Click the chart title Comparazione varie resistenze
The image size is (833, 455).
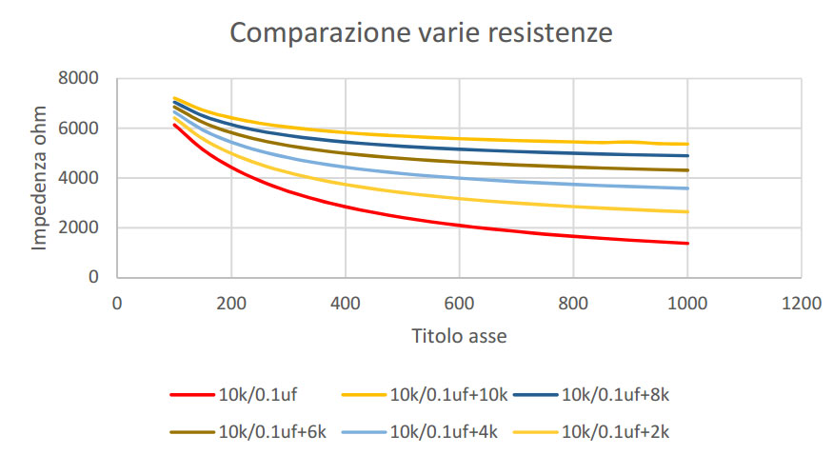421,33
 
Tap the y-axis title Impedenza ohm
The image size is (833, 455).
39,178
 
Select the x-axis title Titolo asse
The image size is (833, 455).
459,336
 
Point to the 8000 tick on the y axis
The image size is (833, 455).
78,78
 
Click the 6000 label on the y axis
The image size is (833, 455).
78,128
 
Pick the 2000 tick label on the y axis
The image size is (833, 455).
78,227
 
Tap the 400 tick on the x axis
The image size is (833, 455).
346,303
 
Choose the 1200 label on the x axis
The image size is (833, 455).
802,303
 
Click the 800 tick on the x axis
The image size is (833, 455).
573,303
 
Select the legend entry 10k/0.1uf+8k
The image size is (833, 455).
615,395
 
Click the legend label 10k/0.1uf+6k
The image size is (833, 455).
272,432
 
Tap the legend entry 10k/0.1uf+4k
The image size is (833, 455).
444,432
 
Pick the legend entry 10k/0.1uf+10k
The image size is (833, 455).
449,395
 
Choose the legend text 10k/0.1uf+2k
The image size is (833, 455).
615,432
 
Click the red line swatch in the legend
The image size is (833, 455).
191,395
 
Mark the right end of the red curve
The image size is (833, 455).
687,243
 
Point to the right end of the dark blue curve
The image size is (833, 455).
687,155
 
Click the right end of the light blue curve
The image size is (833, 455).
687,188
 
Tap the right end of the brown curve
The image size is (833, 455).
687,170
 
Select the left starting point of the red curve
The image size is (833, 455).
174,125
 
